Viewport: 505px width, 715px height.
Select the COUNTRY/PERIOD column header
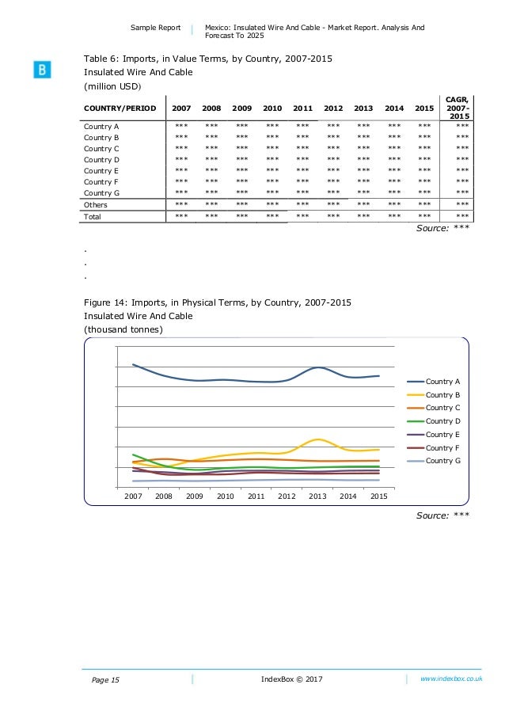pos(119,108)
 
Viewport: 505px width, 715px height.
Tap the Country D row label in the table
pos(101,159)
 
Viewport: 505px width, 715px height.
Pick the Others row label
pos(96,204)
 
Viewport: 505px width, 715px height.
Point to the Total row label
pos(93,216)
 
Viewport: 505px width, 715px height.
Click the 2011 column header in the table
pos(302,108)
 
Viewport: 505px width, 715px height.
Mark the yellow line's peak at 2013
pos(317,439)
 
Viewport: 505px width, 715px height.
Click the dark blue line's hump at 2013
pos(317,367)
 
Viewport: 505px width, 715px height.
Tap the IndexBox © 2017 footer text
pos(291,679)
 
